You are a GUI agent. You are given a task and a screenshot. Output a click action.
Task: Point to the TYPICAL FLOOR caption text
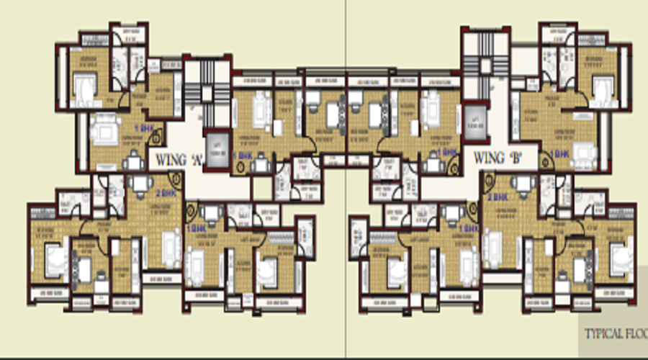(x=615, y=334)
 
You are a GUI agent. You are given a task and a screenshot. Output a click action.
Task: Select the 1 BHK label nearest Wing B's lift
(x=448, y=153)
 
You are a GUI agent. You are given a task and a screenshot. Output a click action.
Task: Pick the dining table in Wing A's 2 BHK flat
(x=139, y=186)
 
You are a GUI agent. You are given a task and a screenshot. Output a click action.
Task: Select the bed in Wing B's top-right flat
(x=599, y=85)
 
